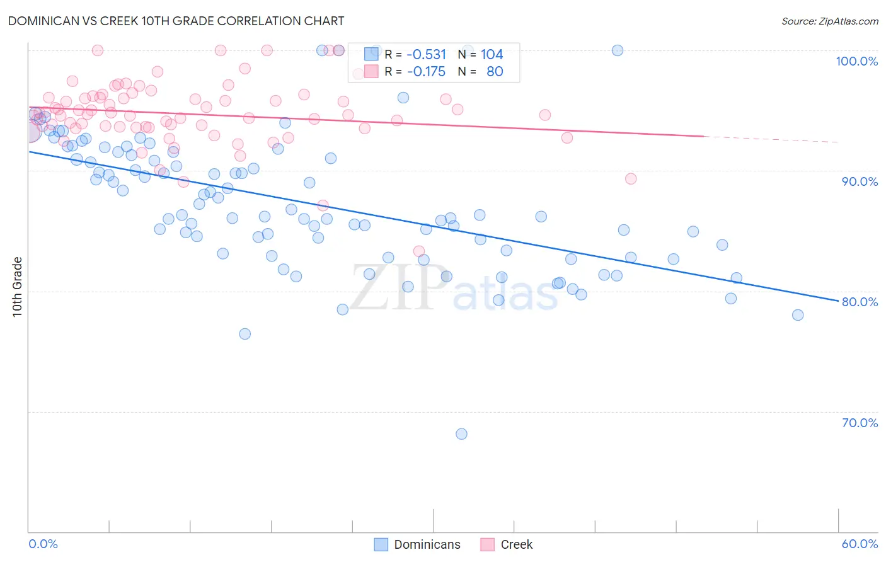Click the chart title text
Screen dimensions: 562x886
coord(176,21)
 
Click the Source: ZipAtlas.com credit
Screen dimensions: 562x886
coord(829,21)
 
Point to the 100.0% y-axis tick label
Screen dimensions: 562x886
coord(856,61)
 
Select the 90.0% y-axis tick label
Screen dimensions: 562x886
coord(860,181)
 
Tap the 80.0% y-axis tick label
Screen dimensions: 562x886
coord(860,302)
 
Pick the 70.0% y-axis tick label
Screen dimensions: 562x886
coord(860,423)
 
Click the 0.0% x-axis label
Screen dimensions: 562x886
coord(43,544)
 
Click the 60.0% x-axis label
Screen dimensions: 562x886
coord(860,544)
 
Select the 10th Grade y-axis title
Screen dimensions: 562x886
coord(18,287)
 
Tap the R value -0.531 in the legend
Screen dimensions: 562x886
coord(426,54)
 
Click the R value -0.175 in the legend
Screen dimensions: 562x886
coord(426,71)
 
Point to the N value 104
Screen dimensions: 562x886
coord(492,54)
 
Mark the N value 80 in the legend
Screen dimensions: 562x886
coord(495,71)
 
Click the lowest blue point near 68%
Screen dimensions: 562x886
coord(461,433)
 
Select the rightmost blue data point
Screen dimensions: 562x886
coord(798,315)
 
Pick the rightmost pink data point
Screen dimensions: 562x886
coord(631,178)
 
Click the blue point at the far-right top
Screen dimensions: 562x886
coord(618,50)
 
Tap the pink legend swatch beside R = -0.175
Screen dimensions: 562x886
coord(371,71)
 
